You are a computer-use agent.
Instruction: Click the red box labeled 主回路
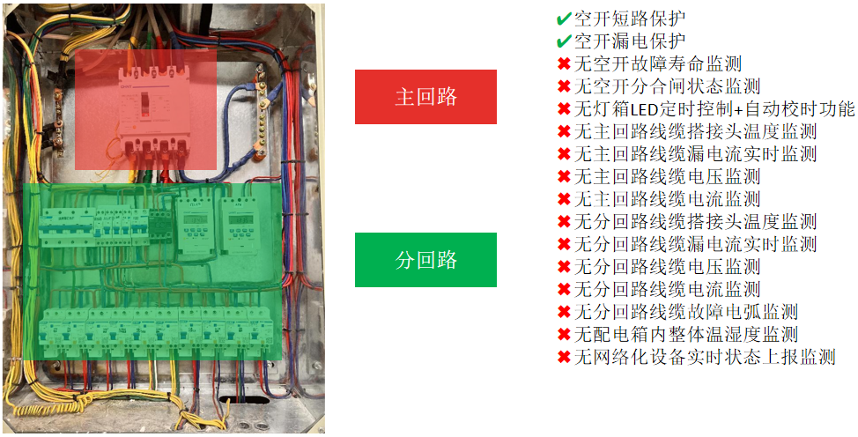pos(425,97)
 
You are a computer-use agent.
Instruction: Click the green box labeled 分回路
pos(425,260)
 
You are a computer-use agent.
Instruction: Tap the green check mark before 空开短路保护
pos(564,19)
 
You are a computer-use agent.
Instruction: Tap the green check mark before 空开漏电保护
pos(564,41)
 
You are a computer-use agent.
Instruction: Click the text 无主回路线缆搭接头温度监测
pos(695,132)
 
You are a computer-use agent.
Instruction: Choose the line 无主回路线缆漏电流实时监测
pos(695,154)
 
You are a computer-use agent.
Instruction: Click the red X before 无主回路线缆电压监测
pos(564,177)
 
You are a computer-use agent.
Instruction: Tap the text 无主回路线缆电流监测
pos(667,199)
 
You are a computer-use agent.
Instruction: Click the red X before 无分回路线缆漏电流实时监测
pos(564,244)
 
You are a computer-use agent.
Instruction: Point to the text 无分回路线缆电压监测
pos(667,267)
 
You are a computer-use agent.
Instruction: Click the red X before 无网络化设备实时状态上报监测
pos(564,358)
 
